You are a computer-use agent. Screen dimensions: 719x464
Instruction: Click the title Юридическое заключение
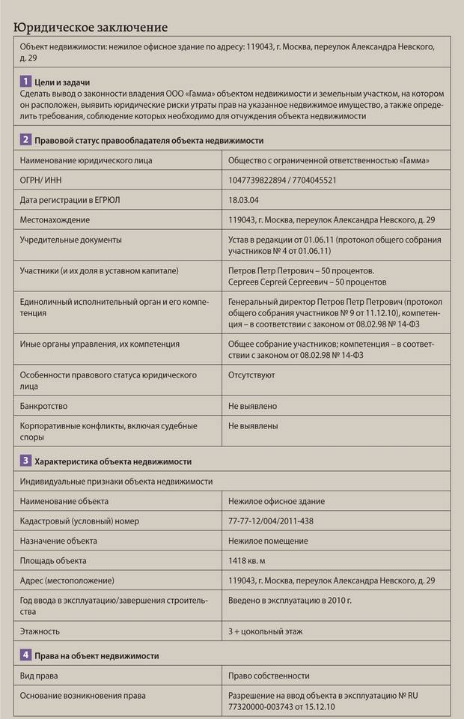[89, 28]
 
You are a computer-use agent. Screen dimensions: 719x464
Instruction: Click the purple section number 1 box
[25, 80]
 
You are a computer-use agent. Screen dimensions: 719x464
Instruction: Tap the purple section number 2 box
[25, 139]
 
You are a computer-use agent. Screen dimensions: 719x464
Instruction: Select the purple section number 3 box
[25, 461]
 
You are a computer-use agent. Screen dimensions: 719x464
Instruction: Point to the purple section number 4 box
[25, 655]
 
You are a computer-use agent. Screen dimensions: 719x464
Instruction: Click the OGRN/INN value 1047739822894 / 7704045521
[282, 180]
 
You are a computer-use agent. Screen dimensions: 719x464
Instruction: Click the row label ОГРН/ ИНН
[43, 180]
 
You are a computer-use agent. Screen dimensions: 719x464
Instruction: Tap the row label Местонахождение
[55, 219]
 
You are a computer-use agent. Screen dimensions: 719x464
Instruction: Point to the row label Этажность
[41, 631]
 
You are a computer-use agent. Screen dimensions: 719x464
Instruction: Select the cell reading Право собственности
[269, 676]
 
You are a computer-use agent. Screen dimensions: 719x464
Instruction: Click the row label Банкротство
[45, 406]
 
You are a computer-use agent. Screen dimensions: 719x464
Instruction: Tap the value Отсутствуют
[251, 374]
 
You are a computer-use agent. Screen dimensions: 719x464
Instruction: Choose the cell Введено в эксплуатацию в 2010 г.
[290, 600]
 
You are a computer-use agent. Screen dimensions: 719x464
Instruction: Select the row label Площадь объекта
[54, 559]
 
